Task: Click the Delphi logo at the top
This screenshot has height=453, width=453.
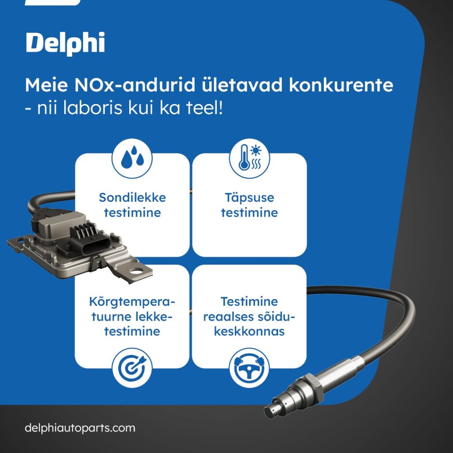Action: point(65,43)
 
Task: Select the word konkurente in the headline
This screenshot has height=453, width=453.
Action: point(341,85)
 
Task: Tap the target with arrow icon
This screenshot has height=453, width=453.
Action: point(132,368)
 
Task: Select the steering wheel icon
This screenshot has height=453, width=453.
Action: point(249,368)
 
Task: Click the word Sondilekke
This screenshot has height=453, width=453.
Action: point(132,197)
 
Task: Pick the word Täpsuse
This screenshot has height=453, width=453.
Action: point(249,197)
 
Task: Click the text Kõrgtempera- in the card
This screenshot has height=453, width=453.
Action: point(132,302)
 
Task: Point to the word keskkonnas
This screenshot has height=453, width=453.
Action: point(249,331)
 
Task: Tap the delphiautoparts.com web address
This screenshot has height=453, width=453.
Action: point(80,428)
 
